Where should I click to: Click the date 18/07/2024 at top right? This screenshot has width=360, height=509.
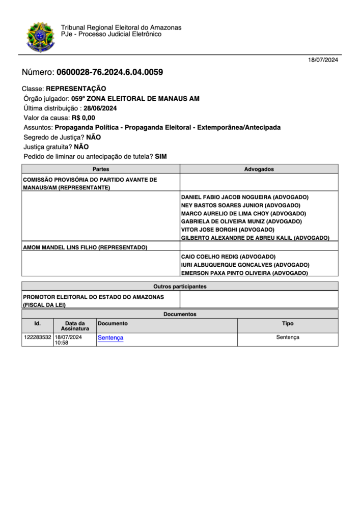[x=323, y=60]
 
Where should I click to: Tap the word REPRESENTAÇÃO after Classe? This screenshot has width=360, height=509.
[x=76, y=89]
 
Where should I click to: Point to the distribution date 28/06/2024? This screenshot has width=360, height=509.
[x=100, y=108]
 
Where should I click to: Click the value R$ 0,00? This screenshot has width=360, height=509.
[x=83, y=118]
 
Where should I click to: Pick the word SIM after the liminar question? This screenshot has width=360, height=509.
[x=161, y=156]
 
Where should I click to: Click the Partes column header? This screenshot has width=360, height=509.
[x=101, y=169]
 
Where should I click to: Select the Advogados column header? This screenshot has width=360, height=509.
[x=259, y=169]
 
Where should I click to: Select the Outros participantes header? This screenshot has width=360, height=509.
[x=180, y=287]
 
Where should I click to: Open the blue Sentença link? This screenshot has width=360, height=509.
[x=110, y=337]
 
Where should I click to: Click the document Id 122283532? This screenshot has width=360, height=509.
[x=38, y=337]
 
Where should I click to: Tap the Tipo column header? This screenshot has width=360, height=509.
[x=288, y=323]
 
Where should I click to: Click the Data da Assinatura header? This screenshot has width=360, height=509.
[x=75, y=326]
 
